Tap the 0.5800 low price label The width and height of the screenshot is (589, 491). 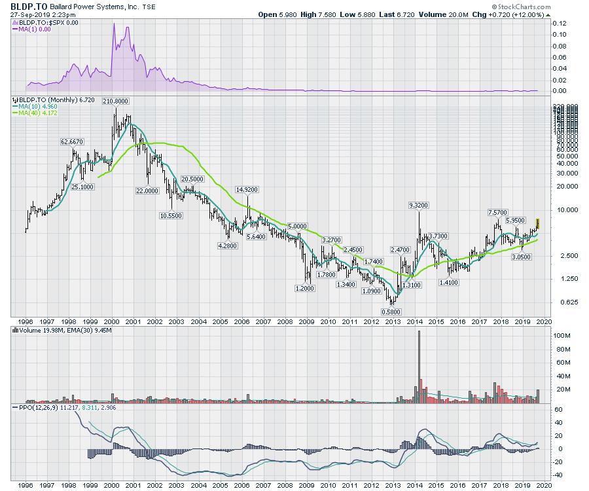tap(391, 312)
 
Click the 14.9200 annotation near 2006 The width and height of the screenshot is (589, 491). tap(247, 189)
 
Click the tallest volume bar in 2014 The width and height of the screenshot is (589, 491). tap(419, 367)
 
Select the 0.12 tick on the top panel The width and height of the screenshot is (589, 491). tap(560, 23)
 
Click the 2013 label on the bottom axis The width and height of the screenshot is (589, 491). tap(393, 486)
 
